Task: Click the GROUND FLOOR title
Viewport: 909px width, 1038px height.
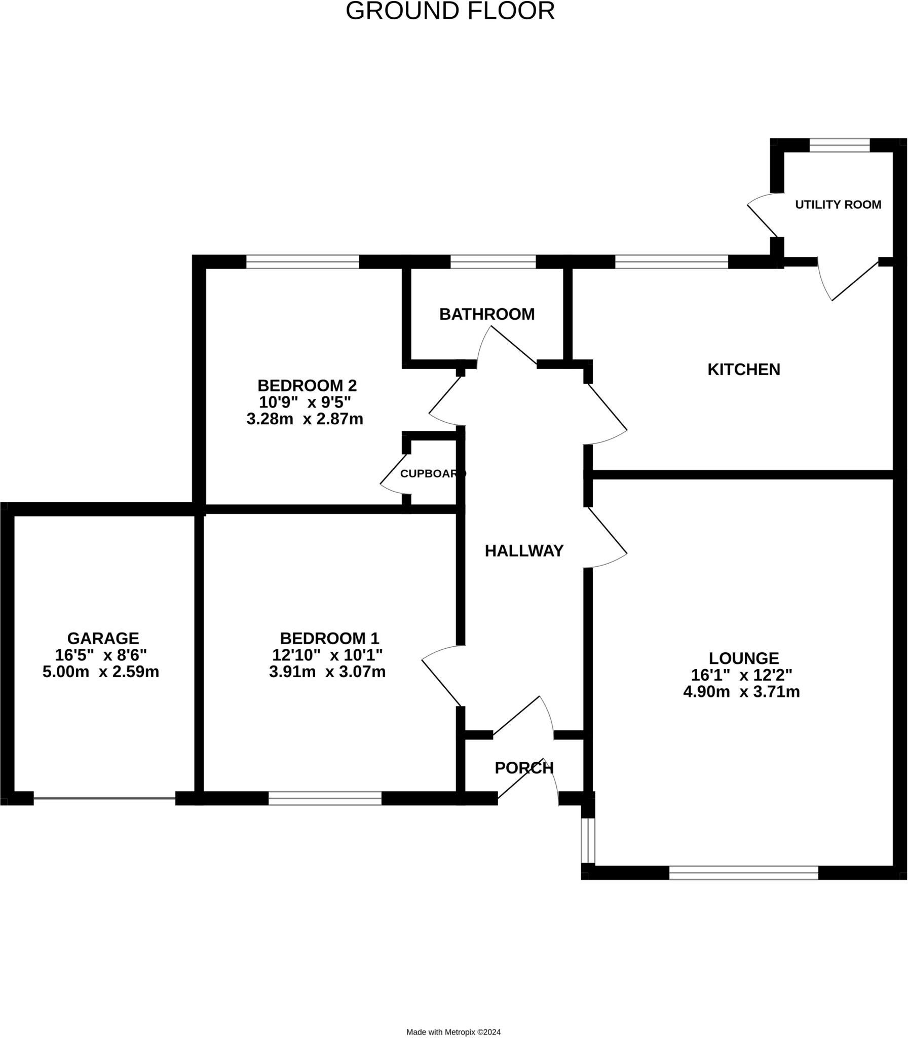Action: (x=450, y=11)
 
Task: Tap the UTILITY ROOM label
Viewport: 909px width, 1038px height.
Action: (x=838, y=204)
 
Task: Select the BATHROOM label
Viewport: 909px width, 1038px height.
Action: (x=487, y=315)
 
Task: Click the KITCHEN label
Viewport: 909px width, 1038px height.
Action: (x=744, y=369)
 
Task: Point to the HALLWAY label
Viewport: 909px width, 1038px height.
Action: (x=524, y=550)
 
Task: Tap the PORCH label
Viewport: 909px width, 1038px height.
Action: (x=524, y=768)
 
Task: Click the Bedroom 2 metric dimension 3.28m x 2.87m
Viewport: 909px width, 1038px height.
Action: (x=305, y=419)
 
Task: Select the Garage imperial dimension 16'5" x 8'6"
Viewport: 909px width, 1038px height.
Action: (x=101, y=655)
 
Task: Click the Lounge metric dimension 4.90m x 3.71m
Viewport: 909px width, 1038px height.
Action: (x=742, y=691)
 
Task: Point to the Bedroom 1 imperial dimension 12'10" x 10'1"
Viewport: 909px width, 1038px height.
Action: (x=328, y=655)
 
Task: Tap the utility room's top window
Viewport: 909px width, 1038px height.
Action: (x=840, y=145)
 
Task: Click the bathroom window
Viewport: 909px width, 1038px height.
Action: (x=493, y=262)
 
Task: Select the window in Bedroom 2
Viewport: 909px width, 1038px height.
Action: (x=303, y=262)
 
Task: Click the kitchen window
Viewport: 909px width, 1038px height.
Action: (x=671, y=262)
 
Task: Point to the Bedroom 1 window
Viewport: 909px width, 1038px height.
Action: (x=325, y=799)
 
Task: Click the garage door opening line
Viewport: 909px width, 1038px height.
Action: (x=104, y=799)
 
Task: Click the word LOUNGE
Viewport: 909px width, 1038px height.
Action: (x=744, y=658)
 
